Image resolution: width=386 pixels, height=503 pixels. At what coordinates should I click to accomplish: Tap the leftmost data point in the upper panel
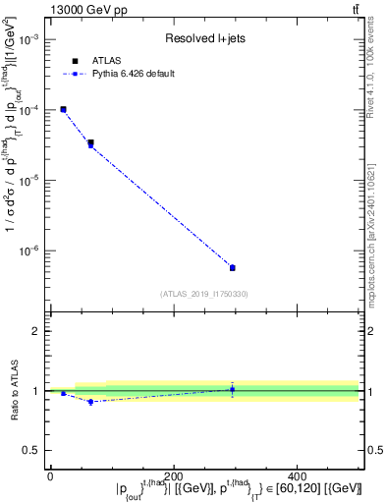tap(63, 109)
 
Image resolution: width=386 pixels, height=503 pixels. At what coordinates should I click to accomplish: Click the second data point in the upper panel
tap(90, 143)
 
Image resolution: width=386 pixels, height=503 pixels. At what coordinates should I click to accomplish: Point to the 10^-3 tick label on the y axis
tap(29, 39)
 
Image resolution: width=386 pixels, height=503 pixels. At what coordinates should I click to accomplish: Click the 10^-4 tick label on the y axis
tap(29, 110)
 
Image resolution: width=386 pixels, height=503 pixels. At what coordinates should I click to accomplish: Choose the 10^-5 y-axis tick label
tap(29, 181)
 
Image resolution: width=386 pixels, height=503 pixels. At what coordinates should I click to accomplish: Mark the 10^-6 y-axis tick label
tap(29, 251)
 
